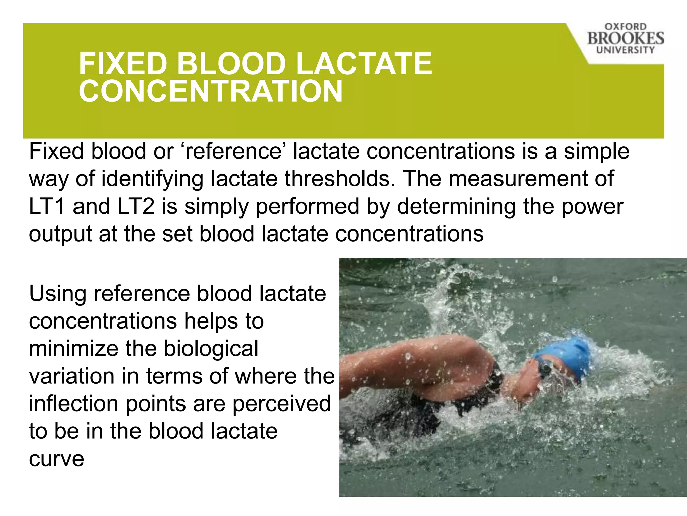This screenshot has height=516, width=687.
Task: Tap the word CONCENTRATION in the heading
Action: (x=211, y=91)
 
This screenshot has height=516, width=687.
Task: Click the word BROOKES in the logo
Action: (x=625, y=38)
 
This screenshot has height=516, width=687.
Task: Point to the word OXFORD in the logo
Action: (x=626, y=27)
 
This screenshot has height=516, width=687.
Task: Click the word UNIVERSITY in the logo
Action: (x=625, y=50)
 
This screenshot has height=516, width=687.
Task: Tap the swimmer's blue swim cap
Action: (x=567, y=356)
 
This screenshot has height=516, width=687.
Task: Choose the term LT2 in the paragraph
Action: (x=136, y=206)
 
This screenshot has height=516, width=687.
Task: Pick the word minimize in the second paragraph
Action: (x=73, y=349)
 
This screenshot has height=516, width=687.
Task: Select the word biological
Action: (x=211, y=349)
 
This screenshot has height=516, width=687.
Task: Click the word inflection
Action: (x=73, y=403)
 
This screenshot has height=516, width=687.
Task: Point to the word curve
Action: (x=56, y=459)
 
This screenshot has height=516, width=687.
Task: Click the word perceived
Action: (x=281, y=403)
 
